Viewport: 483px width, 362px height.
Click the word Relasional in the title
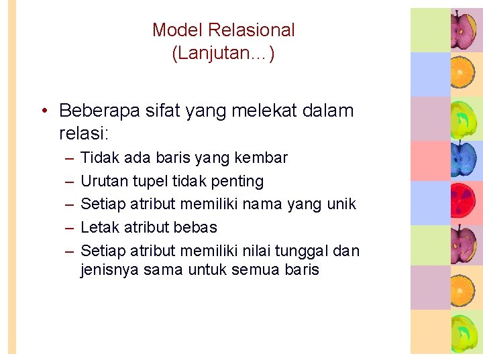[x=252, y=30]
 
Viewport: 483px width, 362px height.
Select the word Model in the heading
[x=178, y=30]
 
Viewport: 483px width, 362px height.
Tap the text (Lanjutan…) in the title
[x=223, y=54]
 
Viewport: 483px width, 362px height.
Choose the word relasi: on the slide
[x=84, y=133]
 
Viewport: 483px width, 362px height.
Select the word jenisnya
[x=109, y=270]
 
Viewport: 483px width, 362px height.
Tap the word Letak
[x=100, y=227]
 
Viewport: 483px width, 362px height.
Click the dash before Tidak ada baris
[x=69, y=158]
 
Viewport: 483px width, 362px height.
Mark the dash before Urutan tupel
[x=69, y=182]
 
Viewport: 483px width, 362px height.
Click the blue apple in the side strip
[x=462, y=158]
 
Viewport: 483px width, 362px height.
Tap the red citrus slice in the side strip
[x=462, y=202]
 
